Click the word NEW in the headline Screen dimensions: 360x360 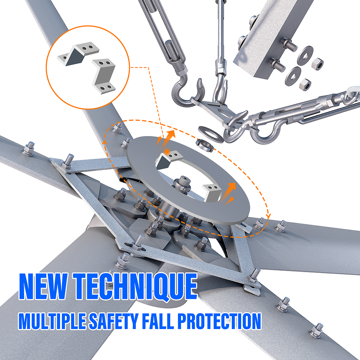(x=43, y=286)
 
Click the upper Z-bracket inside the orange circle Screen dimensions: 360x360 (x=78, y=54)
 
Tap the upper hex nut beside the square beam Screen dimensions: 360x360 (x=318, y=63)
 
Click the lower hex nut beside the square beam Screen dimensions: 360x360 (x=305, y=84)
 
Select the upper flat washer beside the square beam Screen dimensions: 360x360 (x=305, y=55)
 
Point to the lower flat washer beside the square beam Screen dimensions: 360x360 (x=293, y=76)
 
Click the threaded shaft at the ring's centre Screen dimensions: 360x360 (x=183, y=182)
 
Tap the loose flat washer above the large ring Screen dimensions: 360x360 (x=211, y=134)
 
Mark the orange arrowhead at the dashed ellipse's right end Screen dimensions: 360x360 (x=269, y=216)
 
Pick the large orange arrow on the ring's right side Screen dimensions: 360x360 (x=229, y=192)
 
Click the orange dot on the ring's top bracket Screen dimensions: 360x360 (x=167, y=152)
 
